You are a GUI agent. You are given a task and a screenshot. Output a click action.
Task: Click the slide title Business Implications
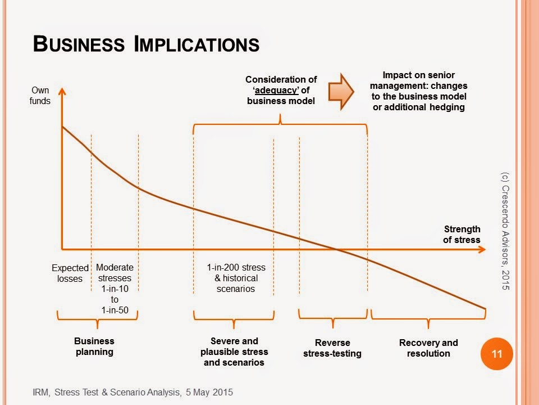146,43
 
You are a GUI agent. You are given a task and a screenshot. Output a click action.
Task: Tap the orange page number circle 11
496,354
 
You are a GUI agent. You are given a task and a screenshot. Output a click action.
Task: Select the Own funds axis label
40,96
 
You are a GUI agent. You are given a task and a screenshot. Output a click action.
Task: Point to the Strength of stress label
462,234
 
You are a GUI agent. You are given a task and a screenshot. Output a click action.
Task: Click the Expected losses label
70,273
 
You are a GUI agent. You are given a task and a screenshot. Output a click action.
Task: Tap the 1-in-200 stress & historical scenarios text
236,278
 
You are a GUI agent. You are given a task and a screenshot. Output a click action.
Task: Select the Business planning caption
94,346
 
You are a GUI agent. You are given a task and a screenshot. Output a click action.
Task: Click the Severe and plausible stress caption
234,352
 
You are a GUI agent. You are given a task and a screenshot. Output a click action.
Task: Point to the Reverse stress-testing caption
332,348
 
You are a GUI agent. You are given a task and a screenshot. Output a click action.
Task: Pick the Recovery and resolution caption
428,348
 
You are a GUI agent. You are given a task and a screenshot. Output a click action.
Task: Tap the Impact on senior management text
418,91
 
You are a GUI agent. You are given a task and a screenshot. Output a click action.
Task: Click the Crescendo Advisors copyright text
504,231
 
